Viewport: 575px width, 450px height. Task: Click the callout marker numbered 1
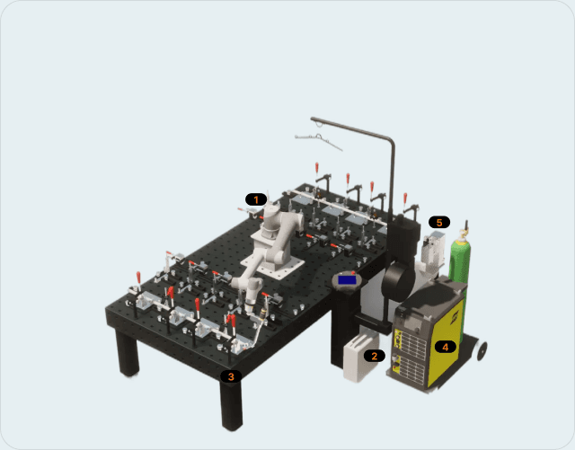pyautogui.click(x=256, y=199)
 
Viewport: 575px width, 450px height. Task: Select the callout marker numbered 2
pyautogui.click(x=374, y=356)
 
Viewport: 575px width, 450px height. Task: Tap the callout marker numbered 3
pyautogui.click(x=231, y=376)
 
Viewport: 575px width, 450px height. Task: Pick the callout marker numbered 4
pyautogui.click(x=446, y=347)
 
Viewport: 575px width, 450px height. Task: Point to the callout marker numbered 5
pyautogui.click(x=439, y=222)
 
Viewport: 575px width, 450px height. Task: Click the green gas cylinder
pyautogui.click(x=460, y=271)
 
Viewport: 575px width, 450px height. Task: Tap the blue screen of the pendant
pyautogui.click(x=347, y=280)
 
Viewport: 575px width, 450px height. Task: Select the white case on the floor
pyautogui.click(x=360, y=357)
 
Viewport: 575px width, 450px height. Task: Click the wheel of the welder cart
pyautogui.click(x=482, y=350)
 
